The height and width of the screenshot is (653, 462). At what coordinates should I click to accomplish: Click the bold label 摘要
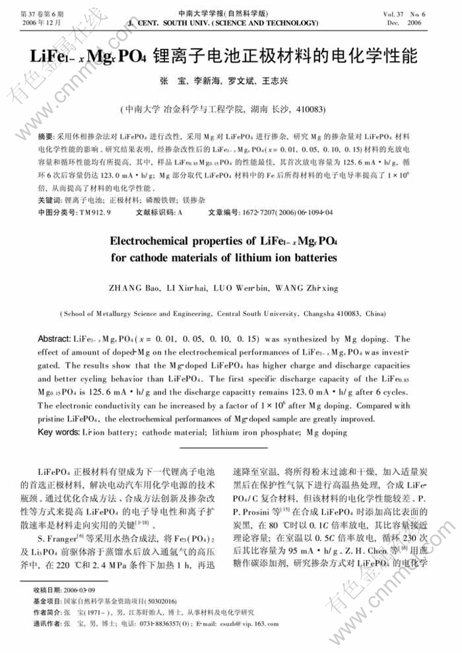point(46,137)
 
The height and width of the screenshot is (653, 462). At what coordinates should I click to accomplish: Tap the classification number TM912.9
point(95,212)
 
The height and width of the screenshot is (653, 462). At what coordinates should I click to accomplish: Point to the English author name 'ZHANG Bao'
point(132,288)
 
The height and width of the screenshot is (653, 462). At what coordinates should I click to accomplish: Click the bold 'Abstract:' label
point(54,339)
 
